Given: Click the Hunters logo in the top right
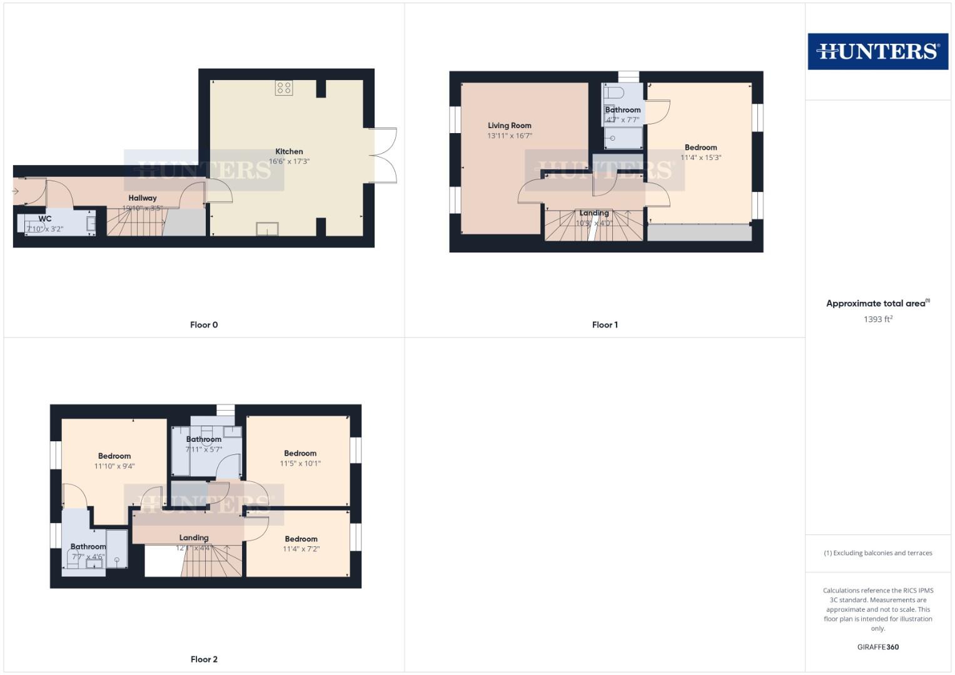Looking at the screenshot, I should click(877, 51).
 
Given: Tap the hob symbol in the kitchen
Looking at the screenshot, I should click(283, 88).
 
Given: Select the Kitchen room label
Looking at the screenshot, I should click(289, 151).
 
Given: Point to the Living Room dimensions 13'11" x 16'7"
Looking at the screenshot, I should click(510, 136).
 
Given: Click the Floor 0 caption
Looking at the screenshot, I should click(204, 324).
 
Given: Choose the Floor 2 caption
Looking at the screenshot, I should click(204, 659).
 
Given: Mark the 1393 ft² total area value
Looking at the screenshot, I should click(877, 319).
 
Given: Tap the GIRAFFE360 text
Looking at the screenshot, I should click(877, 647).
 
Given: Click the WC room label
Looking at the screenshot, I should click(45, 219).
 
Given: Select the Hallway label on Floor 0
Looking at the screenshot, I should click(143, 197).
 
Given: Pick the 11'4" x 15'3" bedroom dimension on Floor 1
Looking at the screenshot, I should click(700, 157).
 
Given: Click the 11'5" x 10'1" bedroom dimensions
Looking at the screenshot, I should click(300, 463).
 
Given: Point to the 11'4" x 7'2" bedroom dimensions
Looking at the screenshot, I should click(301, 549).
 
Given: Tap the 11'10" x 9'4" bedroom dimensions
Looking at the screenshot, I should click(114, 466).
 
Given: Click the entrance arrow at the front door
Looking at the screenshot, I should click(16, 191).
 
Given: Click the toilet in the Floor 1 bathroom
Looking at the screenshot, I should click(614, 92).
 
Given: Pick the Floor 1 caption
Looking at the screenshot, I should click(605, 324).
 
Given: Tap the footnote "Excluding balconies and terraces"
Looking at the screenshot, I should click(877, 552).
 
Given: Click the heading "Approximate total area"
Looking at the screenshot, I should click(876, 303).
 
